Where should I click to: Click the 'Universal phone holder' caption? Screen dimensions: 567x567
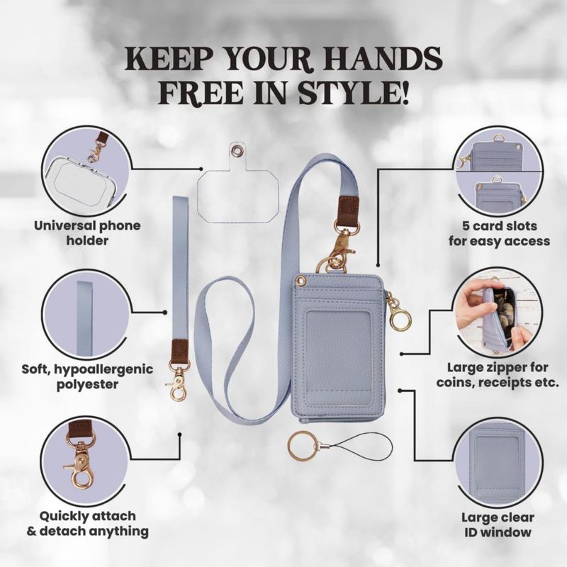[87, 233]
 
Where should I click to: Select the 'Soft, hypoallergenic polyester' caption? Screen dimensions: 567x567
[87, 376]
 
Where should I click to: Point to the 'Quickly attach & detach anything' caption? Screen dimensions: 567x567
[87, 524]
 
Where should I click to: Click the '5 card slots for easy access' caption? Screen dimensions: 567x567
[500, 234]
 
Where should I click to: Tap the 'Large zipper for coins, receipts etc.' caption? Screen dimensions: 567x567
[498, 375]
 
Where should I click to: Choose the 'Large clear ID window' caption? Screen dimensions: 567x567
[498, 524]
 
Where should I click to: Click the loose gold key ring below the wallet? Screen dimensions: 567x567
[303, 448]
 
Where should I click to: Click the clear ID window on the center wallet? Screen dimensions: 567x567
[338, 354]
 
